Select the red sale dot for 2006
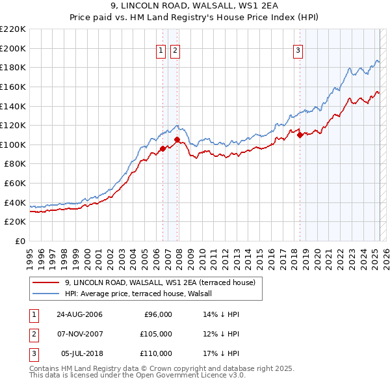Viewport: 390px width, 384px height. pyautogui.click(x=162, y=148)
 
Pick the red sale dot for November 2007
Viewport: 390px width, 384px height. pyautogui.click(x=177, y=139)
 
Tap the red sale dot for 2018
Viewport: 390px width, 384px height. pyautogui.click(x=300, y=135)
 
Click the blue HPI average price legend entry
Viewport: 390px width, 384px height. pyautogui.click(x=143, y=294)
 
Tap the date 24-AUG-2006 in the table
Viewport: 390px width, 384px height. pyautogui.click(x=79, y=314)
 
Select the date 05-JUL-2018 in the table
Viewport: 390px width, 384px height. pyautogui.click(x=81, y=353)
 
